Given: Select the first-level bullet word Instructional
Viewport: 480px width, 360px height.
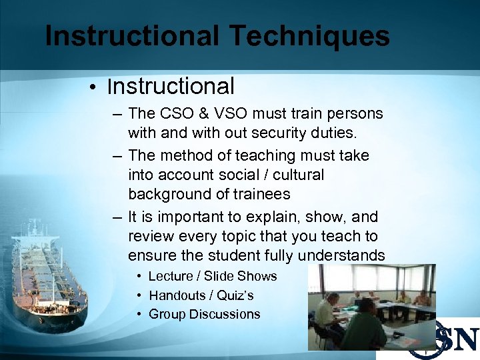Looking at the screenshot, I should click(x=171, y=86).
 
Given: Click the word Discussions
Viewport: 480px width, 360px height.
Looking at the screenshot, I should click(x=225, y=314).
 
